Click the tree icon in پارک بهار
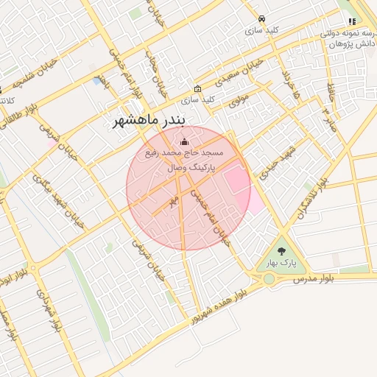282,250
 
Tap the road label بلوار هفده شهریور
218,308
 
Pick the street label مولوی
239,99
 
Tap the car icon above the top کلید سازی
262,19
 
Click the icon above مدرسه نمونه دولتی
352,21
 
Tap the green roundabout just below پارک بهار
269,279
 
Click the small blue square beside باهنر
98,80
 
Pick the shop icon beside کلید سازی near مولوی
197,88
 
